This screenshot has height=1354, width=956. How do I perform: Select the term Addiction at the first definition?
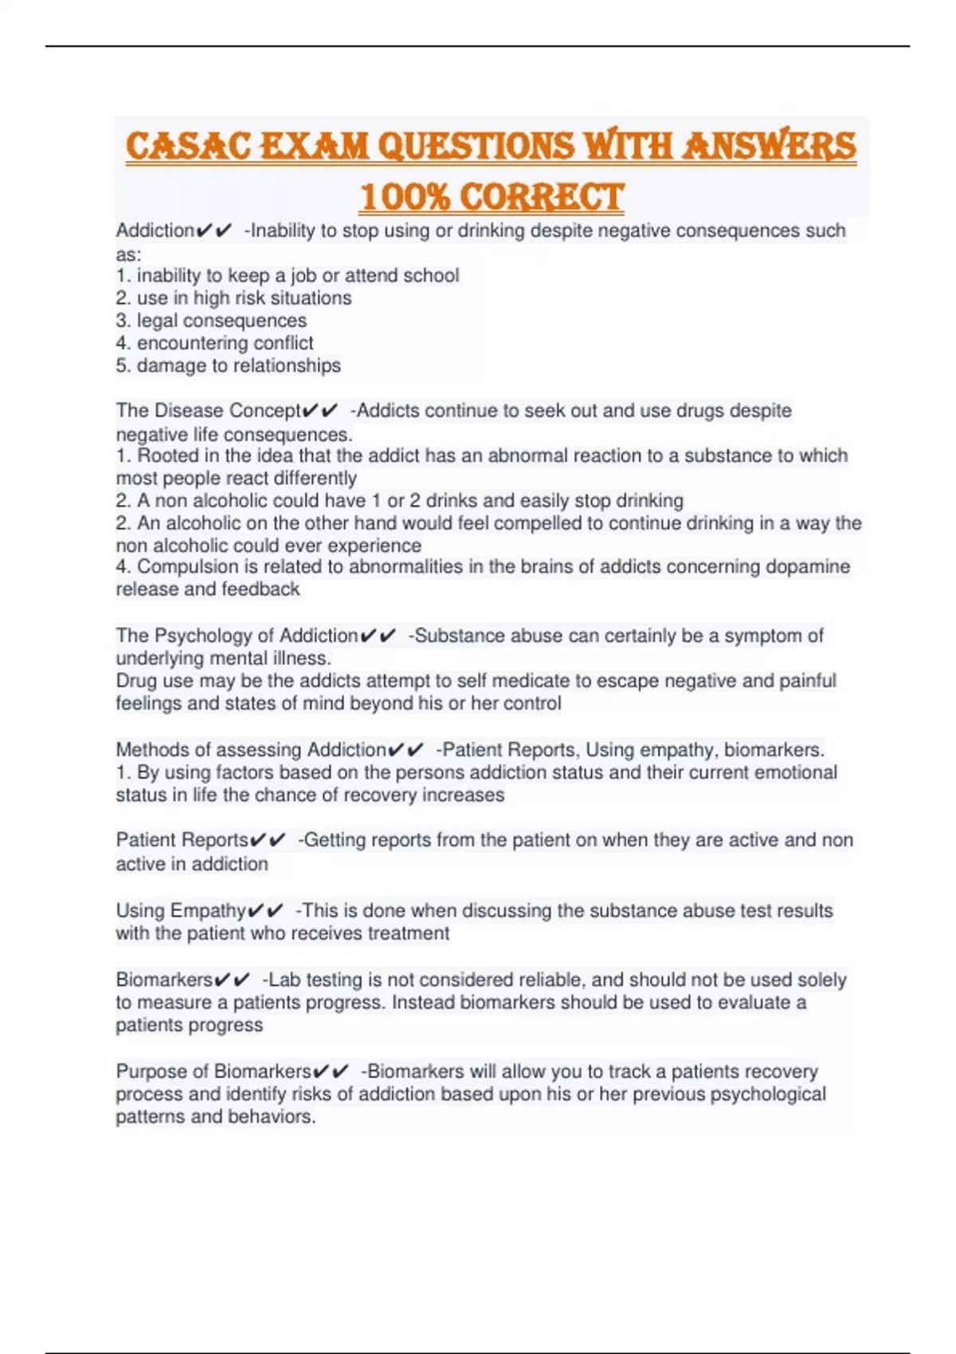(x=155, y=231)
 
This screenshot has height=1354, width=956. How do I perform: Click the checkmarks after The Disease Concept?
(x=320, y=411)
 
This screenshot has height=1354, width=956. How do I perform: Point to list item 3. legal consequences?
(x=211, y=320)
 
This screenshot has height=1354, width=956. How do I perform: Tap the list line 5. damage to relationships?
(x=228, y=366)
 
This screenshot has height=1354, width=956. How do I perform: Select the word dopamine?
(x=807, y=566)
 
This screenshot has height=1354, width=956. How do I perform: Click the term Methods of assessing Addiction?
(x=250, y=749)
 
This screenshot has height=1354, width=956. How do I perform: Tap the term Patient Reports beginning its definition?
(x=182, y=840)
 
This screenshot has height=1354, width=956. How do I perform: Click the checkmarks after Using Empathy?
(x=265, y=910)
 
